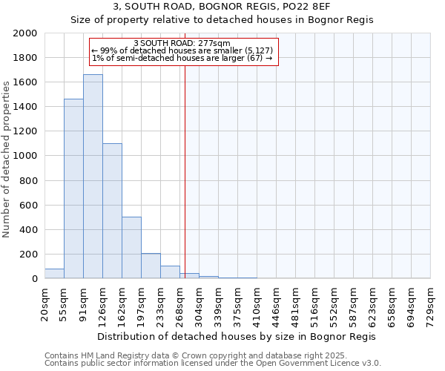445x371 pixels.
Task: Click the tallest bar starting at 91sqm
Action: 93,177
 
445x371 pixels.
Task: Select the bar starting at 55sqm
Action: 73,188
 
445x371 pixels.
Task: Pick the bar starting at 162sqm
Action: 131,248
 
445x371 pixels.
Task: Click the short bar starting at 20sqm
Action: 54,274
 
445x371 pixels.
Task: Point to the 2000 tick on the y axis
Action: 26,33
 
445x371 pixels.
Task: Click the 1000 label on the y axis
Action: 26,156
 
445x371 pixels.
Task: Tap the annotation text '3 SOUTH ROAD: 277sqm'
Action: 182,43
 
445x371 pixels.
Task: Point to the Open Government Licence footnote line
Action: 213,363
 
